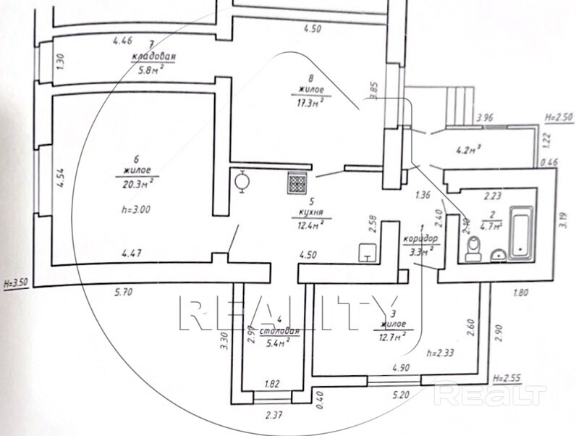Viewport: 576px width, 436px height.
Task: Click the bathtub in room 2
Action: click(520, 232)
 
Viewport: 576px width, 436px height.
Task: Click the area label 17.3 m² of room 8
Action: click(308, 101)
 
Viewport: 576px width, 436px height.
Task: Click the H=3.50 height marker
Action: click(16, 285)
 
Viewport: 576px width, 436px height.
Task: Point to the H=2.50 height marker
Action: click(557, 116)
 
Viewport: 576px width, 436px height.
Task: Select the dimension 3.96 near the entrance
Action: click(483, 117)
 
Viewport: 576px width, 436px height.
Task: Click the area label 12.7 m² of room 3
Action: click(391, 335)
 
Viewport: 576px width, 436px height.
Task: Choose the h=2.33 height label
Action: click(441, 353)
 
